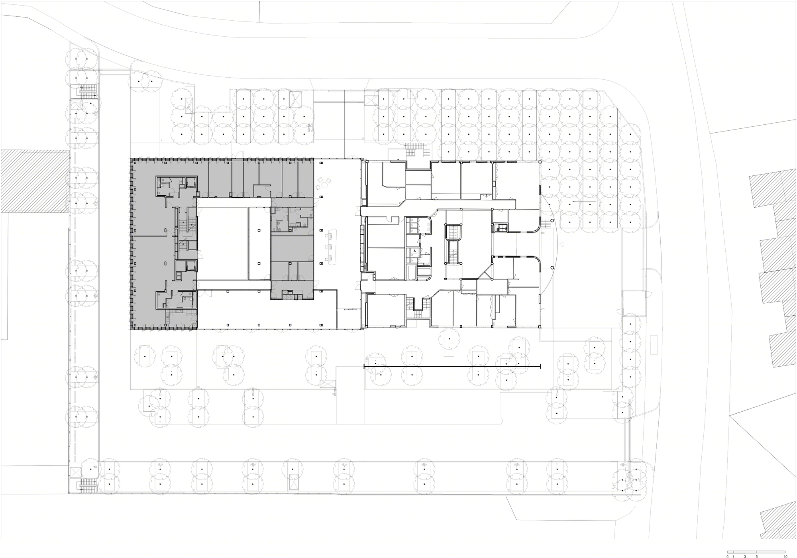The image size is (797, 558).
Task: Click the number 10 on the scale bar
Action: (x=785, y=556)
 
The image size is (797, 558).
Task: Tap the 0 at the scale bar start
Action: (x=727, y=556)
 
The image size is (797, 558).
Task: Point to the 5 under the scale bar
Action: (x=756, y=556)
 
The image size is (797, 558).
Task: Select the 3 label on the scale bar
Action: (x=745, y=556)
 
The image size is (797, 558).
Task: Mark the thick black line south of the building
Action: (x=452, y=365)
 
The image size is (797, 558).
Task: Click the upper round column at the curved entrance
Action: (x=552, y=221)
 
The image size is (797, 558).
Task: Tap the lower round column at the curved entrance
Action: (x=552, y=267)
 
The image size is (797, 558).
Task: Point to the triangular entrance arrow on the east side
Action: (x=561, y=244)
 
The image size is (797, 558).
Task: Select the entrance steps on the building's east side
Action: (x=545, y=224)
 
